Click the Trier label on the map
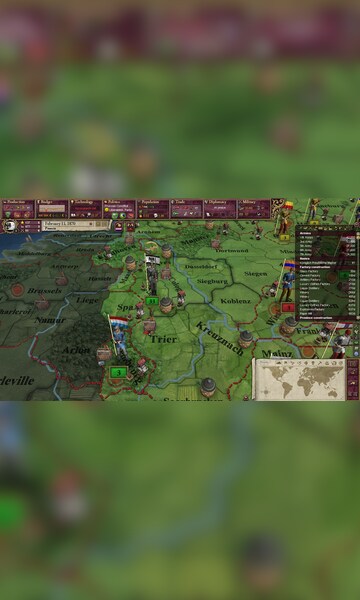click(x=161, y=339)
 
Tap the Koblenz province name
click(x=236, y=300)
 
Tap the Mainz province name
click(x=270, y=354)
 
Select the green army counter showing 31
click(x=152, y=300)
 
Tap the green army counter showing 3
click(x=118, y=372)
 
